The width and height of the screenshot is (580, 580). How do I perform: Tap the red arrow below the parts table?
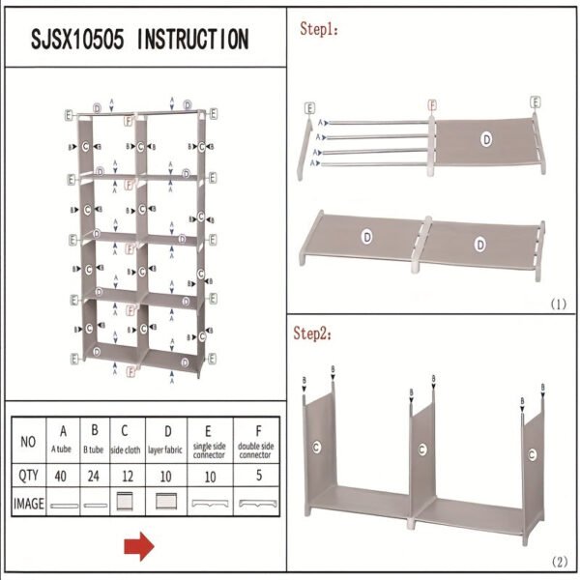click(138, 548)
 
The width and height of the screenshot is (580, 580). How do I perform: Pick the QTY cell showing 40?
click(64, 476)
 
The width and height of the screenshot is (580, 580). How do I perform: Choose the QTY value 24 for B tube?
click(95, 476)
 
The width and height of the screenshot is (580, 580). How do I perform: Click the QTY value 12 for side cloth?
click(125, 476)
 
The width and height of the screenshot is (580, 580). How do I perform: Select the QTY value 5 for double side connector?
click(257, 476)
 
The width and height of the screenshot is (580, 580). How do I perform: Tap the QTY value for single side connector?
click(210, 476)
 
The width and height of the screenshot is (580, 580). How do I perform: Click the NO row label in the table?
click(29, 441)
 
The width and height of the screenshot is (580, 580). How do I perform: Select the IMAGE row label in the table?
click(29, 503)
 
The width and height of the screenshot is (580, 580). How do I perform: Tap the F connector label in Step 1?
click(432, 103)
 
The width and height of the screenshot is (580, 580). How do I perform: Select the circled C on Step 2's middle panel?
click(422, 449)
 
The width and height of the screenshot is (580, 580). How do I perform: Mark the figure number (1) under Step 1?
click(558, 304)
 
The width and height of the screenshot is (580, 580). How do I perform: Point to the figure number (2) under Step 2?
click(558, 561)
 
